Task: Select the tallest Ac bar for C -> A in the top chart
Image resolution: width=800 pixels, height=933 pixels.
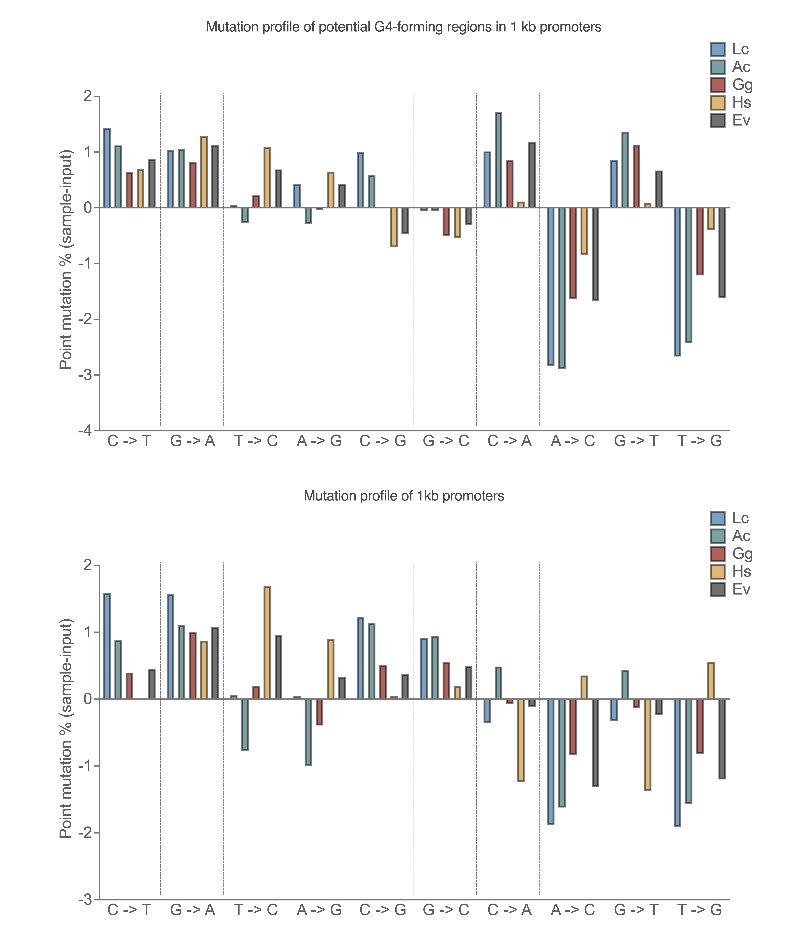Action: pos(498,160)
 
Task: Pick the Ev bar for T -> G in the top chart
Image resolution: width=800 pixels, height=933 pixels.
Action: pos(722,252)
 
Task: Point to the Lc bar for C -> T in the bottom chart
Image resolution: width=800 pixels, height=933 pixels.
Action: pos(107,646)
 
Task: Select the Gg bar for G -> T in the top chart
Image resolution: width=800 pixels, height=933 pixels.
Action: pos(636,176)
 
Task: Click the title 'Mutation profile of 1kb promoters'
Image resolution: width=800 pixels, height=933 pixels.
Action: pos(404,496)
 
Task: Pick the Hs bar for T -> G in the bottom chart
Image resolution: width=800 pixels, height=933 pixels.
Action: pos(711,681)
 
